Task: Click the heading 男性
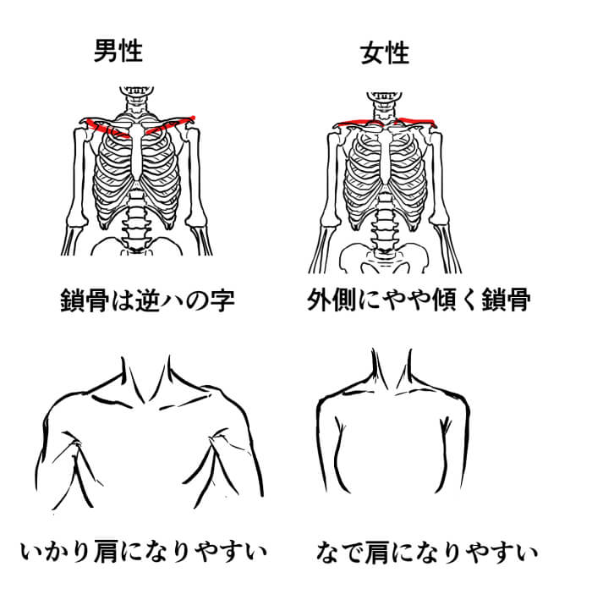(118, 51)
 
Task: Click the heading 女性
(385, 53)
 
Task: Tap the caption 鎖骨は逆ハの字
(148, 300)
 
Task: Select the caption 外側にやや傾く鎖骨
(419, 300)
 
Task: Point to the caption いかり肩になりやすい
(144, 551)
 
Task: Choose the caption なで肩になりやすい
(426, 552)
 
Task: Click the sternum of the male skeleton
(136, 151)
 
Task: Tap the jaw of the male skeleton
(137, 91)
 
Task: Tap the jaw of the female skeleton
(384, 96)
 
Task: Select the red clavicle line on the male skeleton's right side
(170, 125)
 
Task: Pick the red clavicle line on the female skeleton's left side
(359, 123)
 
